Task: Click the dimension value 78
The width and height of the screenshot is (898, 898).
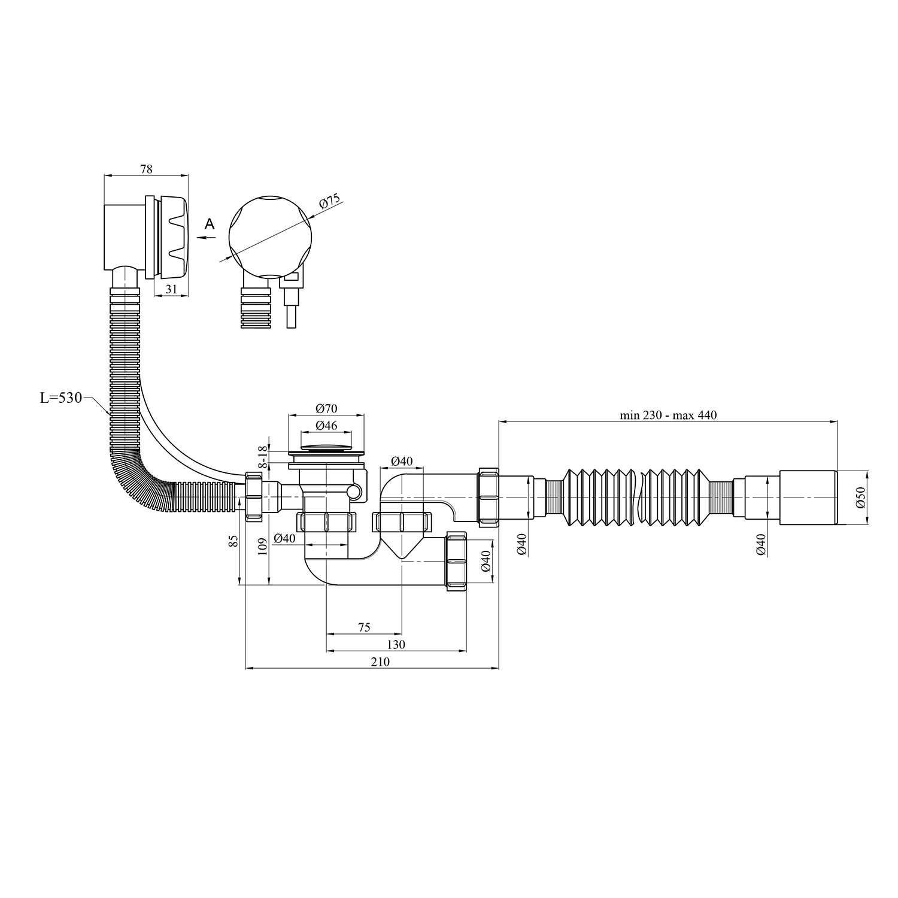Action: [x=146, y=169]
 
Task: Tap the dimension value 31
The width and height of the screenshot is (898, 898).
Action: [x=171, y=289]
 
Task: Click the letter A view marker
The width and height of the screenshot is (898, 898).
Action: [x=209, y=224]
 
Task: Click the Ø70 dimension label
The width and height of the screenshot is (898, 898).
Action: [x=326, y=409]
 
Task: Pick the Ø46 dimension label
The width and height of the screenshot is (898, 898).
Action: [x=326, y=426]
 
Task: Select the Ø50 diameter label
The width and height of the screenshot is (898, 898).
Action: [x=861, y=497]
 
